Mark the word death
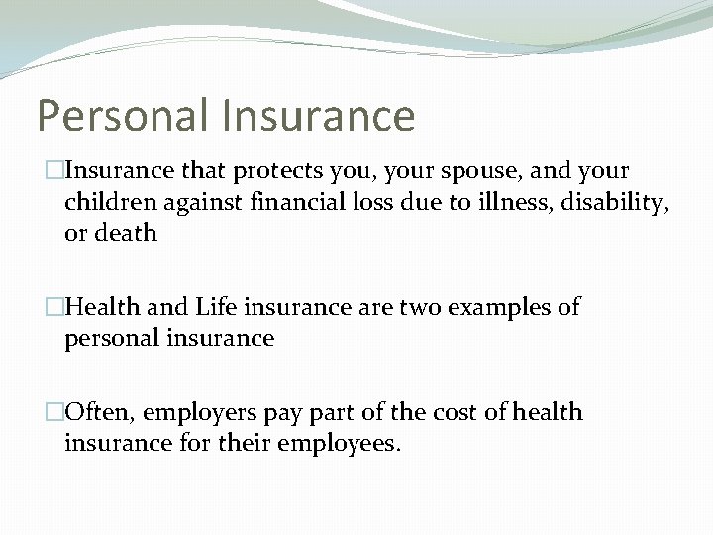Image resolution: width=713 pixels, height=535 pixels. [x=126, y=233]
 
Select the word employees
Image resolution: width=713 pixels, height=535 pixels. [x=343, y=444]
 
